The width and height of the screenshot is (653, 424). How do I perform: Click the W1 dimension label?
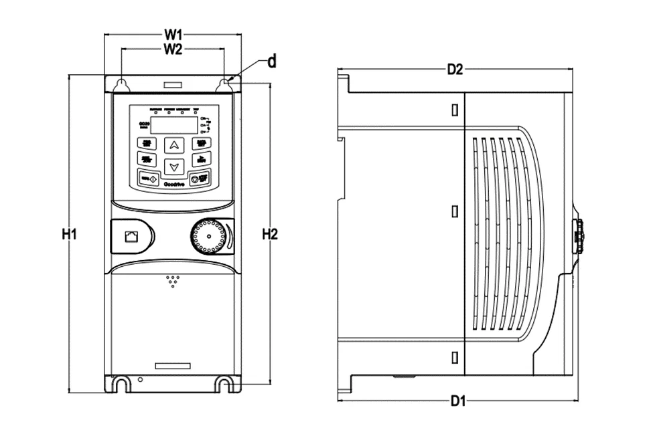pos(174,33)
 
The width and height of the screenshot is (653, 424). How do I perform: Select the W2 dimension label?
pos(173,49)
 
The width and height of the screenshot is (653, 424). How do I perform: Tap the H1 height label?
pos(70,234)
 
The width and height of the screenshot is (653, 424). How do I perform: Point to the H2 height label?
pos(269,234)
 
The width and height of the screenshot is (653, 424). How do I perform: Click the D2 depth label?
pos(455,69)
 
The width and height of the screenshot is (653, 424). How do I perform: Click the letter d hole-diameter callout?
pos(272,62)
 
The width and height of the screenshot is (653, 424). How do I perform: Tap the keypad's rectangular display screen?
pos(173,124)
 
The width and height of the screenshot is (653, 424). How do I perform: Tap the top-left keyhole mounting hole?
pos(122,84)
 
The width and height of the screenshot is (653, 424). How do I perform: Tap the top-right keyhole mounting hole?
pos(225,84)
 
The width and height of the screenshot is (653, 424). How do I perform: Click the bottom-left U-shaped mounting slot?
pos(121,383)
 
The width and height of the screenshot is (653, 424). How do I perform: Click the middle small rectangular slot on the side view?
pos(455,211)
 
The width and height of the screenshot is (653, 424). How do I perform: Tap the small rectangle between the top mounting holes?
pos(173,85)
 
